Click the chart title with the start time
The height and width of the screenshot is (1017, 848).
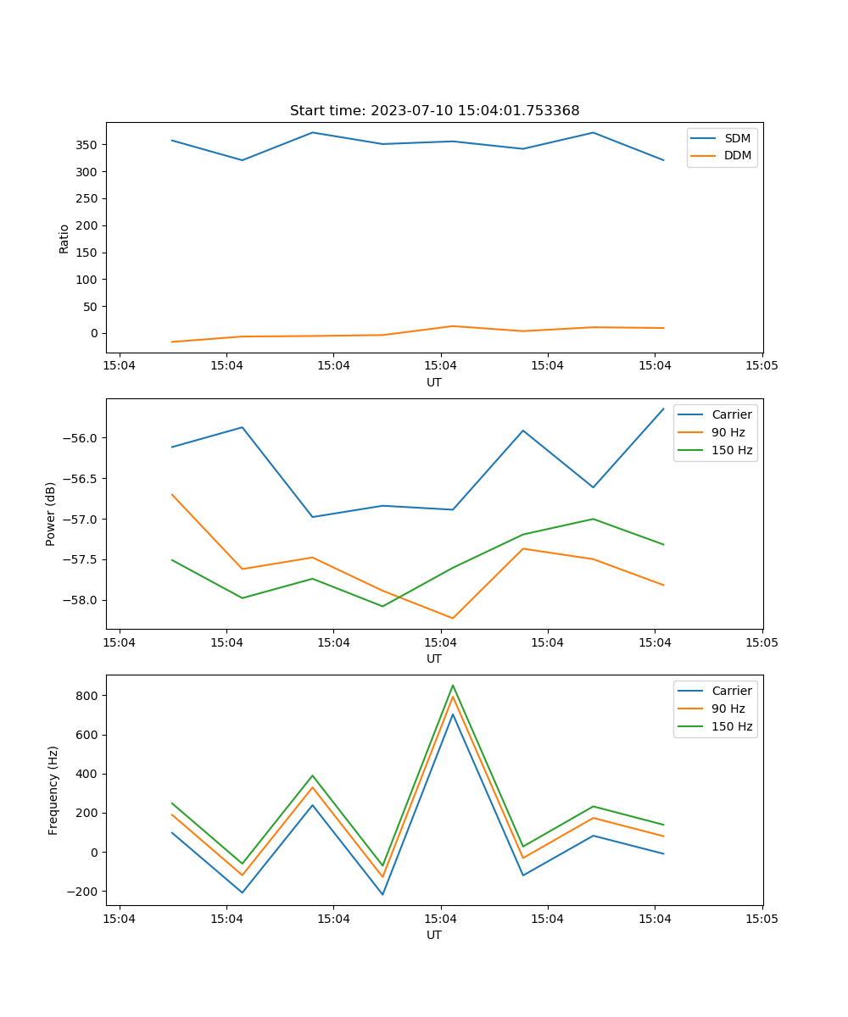point(434,111)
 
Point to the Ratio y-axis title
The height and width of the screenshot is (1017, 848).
point(64,238)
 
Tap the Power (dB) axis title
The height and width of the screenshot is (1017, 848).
point(51,514)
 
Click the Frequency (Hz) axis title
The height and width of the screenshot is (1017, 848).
point(53,790)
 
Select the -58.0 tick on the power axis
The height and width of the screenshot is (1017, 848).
point(81,600)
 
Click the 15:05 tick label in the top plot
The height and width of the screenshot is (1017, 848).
point(762,366)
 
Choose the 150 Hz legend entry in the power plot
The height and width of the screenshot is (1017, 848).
point(732,450)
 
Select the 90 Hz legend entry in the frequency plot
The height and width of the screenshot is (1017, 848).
point(728,709)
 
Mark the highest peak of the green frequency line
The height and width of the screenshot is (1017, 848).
point(453,685)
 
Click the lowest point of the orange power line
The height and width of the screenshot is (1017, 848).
point(453,618)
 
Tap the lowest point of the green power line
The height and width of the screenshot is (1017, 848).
point(382,606)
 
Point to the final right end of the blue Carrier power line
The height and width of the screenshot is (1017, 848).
point(663,408)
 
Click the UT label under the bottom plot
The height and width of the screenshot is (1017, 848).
point(434,935)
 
